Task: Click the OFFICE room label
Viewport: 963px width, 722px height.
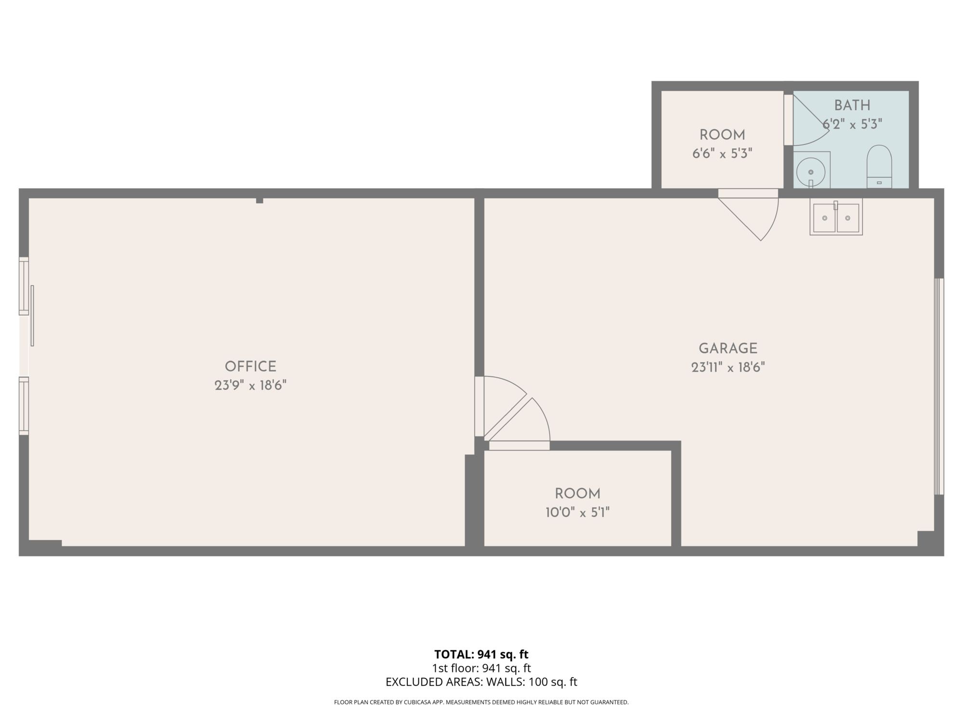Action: click(x=250, y=367)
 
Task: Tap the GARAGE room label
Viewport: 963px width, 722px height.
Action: click(x=728, y=348)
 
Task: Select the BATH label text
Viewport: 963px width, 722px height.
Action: click(x=852, y=105)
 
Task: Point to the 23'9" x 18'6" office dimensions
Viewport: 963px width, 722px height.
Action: click(x=250, y=386)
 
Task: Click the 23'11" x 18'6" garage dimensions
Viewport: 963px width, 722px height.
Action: click(x=728, y=368)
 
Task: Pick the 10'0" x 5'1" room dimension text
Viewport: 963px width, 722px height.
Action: click(x=577, y=513)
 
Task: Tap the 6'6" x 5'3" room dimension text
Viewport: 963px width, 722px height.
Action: click(x=722, y=154)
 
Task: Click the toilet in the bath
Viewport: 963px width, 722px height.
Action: click(x=879, y=167)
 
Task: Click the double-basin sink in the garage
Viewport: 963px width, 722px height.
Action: click(x=836, y=218)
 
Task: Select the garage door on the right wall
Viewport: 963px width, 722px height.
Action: click(x=939, y=387)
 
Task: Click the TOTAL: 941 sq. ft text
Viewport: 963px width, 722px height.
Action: click(x=481, y=655)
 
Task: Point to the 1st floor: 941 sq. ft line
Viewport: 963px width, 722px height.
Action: click(x=481, y=668)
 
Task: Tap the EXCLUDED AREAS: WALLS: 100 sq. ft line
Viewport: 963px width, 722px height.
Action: click(x=481, y=682)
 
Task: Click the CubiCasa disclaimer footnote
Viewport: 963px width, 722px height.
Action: click(x=481, y=702)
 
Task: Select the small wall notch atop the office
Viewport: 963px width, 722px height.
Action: click(x=260, y=200)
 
